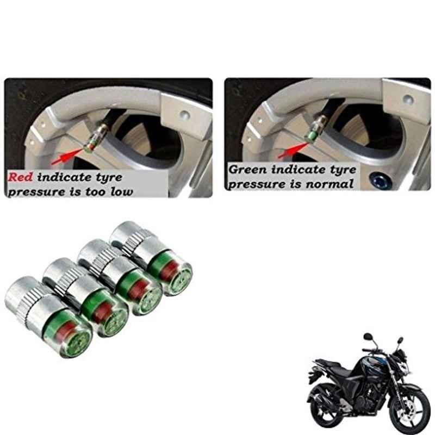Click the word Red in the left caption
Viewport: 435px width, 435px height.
click(20, 177)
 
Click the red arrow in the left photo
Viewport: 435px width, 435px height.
click(67, 156)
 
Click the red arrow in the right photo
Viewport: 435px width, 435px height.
click(294, 151)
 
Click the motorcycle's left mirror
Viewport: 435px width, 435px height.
click(368, 337)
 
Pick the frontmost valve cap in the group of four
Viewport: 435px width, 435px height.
click(48, 317)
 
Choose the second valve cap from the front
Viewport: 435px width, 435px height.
click(86, 297)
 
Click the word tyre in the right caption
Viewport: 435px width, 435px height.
click(343, 170)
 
